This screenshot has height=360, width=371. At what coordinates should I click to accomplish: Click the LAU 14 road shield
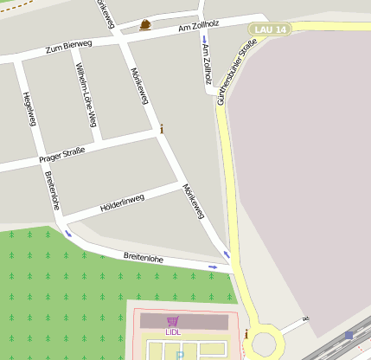270,29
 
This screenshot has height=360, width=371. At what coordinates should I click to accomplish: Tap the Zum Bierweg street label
68,47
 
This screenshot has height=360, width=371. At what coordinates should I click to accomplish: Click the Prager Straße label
61,154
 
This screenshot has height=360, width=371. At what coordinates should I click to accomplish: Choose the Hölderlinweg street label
122,202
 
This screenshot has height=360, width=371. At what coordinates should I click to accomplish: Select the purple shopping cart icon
172,321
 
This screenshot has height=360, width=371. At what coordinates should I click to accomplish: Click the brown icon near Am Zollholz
144,24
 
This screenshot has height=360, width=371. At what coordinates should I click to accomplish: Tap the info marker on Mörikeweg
162,129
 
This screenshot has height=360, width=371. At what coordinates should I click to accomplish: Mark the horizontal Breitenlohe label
144,258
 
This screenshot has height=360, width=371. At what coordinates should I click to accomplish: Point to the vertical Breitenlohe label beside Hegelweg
52,190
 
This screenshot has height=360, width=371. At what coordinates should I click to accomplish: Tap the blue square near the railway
349,335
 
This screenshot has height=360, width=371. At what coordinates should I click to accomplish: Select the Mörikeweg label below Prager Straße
194,201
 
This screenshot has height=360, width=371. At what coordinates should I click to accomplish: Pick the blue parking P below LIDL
180,355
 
